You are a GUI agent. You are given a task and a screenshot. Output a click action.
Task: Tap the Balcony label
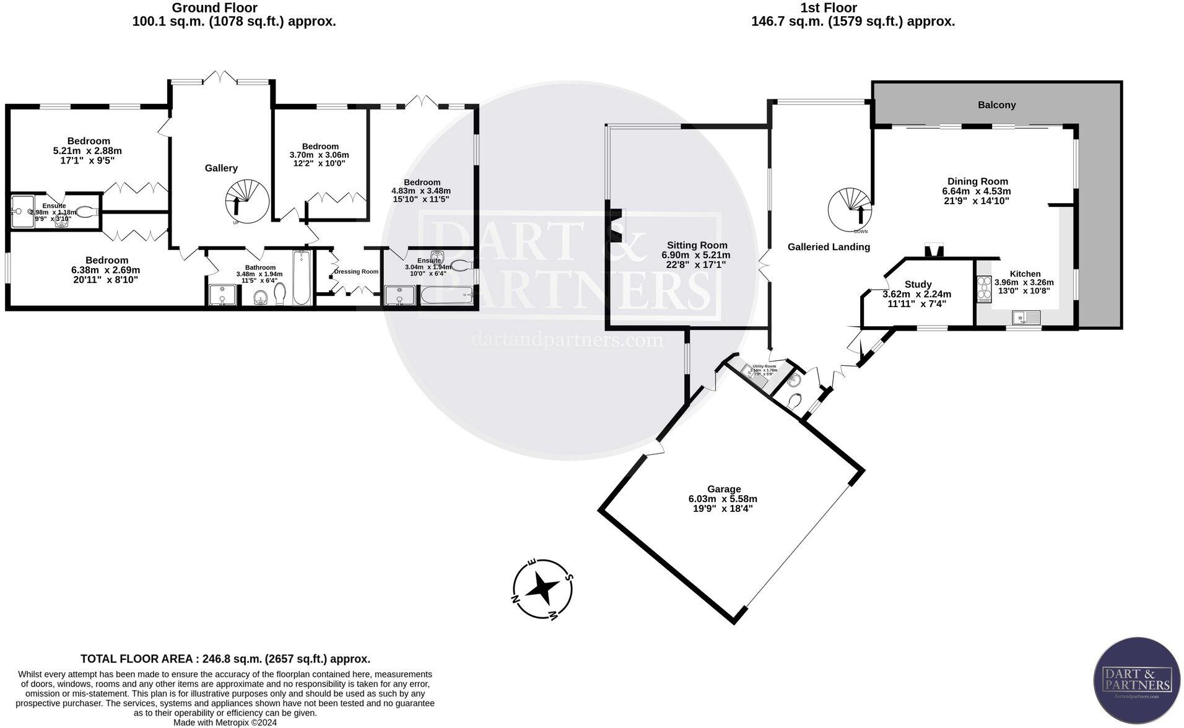pos(996,105)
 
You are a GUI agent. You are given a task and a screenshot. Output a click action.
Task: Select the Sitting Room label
pos(697,245)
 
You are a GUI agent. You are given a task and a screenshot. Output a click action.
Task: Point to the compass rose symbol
pos(542,589)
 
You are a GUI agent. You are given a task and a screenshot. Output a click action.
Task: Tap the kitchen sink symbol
pos(1027,318)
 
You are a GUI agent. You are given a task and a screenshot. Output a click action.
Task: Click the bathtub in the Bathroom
pos(302,278)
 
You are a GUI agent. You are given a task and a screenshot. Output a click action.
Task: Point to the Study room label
pos(918,284)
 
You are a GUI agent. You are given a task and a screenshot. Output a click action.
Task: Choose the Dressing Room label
pos(355,272)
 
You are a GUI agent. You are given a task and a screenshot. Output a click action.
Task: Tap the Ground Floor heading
pos(214,8)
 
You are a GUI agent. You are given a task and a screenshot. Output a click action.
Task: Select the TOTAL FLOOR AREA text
pos(225,659)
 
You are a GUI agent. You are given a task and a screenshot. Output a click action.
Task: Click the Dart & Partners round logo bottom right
pos(1136,680)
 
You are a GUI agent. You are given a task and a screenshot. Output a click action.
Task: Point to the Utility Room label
pos(764,366)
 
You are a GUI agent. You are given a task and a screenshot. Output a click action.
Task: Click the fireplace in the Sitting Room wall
pos(616,225)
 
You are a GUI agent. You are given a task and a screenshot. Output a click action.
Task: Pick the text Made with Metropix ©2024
pos(225,722)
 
